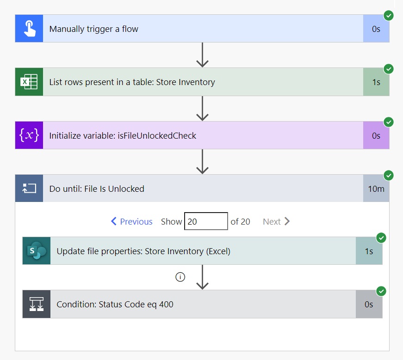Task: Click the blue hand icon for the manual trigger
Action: coord(29,29)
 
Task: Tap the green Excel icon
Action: coord(29,82)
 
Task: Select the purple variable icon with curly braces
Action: coord(29,135)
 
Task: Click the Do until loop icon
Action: coord(29,189)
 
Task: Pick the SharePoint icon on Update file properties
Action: coord(37,251)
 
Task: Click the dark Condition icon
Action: coord(37,304)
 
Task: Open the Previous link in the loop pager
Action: coord(131,221)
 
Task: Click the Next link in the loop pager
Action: coord(276,221)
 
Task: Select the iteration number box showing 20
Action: coord(206,221)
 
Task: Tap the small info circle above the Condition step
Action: coord(180,277)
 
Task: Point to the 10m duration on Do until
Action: coord(376,189)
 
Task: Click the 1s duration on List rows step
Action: coord(376,82)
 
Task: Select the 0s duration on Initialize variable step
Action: coord(376,135)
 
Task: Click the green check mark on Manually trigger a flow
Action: coord(389,16)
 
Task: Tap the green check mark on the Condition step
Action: coord(381,291)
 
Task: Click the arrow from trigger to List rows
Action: coord(202,55)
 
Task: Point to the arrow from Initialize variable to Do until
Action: coord(202,162)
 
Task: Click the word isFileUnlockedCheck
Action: coord(157,135)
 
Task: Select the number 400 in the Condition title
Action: coord(166,304)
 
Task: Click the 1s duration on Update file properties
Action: coord(369,251)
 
